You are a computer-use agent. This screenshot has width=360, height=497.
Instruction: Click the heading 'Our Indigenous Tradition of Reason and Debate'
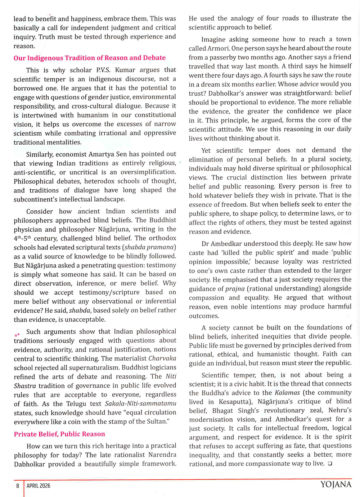[90, 58]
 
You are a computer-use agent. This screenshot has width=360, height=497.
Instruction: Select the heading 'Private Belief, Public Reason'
[59, 434]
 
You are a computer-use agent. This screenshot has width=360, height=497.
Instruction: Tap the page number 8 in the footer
[17, 486]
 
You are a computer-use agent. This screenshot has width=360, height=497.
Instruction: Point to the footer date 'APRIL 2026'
[39, 486]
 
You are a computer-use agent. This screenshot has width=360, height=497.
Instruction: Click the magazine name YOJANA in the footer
[336, 484]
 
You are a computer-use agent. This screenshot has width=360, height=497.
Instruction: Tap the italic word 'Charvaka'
[162, 358]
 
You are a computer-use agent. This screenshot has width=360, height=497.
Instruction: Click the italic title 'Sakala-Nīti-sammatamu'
[140, 403]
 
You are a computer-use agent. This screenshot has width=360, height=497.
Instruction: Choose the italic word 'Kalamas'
[287, 393]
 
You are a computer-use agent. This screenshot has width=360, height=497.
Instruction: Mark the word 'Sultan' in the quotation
[157, 421]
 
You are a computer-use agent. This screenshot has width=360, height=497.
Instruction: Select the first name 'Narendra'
[162, 455]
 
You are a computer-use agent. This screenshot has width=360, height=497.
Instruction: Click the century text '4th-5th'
[22, 238]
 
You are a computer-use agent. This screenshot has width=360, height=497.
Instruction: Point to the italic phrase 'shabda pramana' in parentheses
[149, 247]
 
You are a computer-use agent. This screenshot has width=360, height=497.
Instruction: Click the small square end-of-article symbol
[330, 464]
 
